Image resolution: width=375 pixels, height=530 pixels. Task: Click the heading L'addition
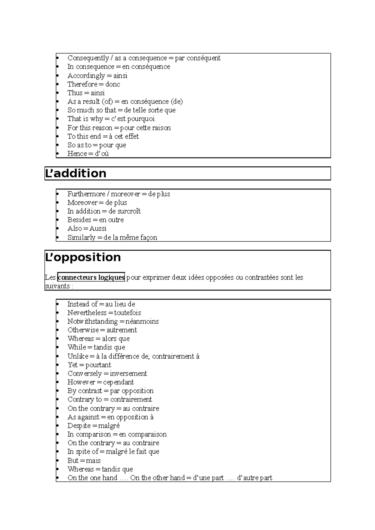click(76, 173)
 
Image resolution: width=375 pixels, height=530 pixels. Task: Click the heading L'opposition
click(83, 257)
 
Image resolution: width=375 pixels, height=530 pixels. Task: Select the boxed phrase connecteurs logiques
click(91, 277)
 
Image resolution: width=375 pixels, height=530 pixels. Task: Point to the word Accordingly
click(86, 76)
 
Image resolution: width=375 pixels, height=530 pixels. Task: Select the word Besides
click(79, 220)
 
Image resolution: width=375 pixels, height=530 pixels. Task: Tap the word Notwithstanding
click(92, 321)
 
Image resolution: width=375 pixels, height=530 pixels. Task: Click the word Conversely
click(85, 374)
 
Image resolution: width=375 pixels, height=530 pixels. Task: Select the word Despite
click(79, 426)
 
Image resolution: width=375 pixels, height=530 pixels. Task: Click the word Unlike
click(77, 356)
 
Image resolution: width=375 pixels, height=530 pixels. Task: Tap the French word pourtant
click(98, 365)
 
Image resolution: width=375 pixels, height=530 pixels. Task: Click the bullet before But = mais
click(57, 461)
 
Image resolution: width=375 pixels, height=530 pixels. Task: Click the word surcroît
click(128, 211)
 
